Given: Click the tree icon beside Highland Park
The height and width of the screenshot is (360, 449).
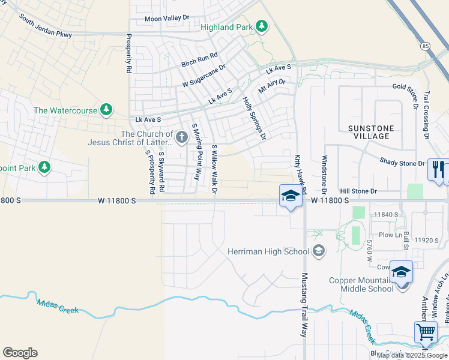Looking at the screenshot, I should [261, 26].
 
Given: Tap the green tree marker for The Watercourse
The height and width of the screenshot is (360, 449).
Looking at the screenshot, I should [106, 110].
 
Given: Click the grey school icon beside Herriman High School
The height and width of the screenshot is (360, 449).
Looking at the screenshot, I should [319, 251].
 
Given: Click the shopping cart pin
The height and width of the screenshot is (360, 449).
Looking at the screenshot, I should [426, 332].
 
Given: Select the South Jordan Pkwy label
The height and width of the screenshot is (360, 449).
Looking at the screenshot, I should [46, 26].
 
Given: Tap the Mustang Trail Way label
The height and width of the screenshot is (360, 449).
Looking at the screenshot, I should [304, 304].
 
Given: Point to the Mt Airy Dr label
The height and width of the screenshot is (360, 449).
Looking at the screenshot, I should [271, 85].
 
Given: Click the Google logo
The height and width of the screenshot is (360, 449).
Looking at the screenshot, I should [20, 352].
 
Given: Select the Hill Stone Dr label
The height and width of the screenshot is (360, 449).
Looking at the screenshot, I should [358, 191].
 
